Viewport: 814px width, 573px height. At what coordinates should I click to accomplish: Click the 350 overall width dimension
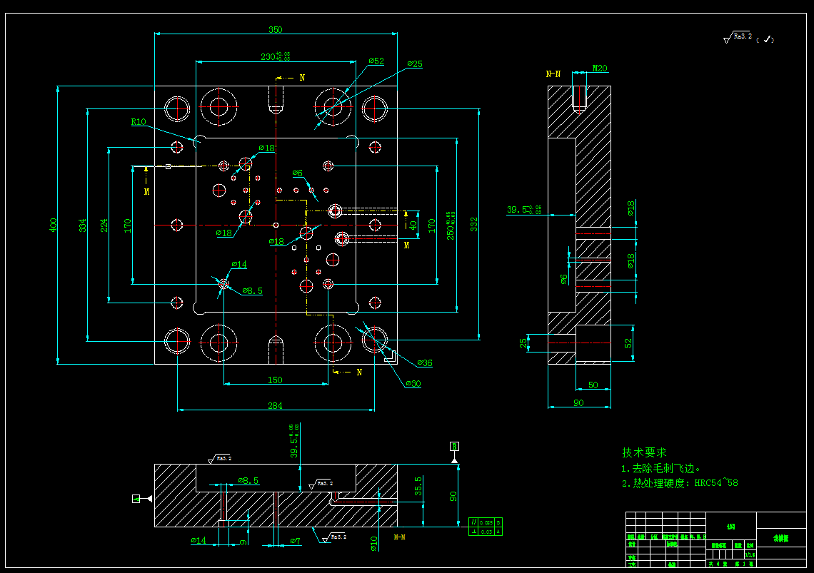tap(275, 30)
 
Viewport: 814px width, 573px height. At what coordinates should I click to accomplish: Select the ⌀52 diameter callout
tap(376, 61)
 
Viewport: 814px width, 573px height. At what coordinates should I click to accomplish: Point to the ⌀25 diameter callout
tap(415, 64)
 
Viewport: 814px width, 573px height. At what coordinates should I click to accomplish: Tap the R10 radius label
tap(139, 122)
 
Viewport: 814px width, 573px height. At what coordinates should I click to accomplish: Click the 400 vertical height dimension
tap(53, 225)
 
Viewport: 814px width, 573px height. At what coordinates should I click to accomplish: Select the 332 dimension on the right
tap(473, 225)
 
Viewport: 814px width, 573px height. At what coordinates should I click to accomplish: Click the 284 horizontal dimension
tap(275, 405)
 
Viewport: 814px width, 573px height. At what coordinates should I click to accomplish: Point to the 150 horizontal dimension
tap(275, 380)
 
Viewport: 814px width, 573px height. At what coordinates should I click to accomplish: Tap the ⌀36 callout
tap(424, 363)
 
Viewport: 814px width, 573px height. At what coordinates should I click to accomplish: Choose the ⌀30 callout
tap(413, 384)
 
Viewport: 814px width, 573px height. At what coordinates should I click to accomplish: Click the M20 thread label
tap(600, 69)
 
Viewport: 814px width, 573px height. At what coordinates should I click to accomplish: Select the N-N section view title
tap(553, 73)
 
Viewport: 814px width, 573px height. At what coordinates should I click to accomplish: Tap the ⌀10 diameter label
tap(373, 543)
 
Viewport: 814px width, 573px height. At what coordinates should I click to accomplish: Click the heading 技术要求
tap(644, 452)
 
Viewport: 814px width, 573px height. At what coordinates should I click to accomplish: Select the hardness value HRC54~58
tap(710, 483)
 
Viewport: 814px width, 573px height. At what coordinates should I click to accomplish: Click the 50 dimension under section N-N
tap(593, 385)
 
